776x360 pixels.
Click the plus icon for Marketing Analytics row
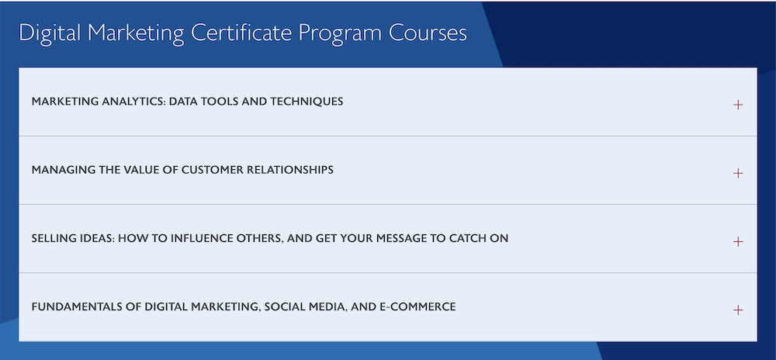click(x=738, y=105)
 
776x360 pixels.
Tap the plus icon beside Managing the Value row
click(x=738, y=173)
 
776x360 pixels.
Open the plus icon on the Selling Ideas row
click(x=738, y=241)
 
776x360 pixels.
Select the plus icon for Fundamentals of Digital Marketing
click(x=738, y=310)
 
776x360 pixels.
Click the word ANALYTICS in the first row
click(x=133, y=102)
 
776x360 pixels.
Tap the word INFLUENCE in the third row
click(x=197, y=238)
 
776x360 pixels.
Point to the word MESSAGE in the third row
click(x=399, y=238)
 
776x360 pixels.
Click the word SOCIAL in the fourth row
click(x=282, y=306)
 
